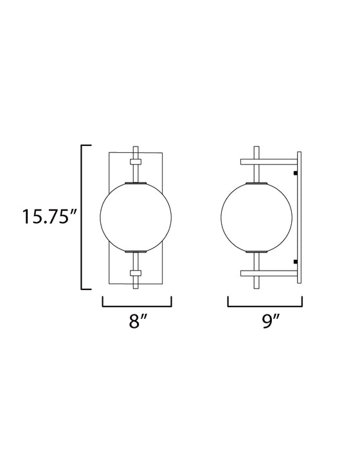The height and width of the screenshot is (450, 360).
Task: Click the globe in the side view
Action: (x=249, y=217)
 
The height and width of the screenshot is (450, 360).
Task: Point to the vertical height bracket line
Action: (x=82, y=217)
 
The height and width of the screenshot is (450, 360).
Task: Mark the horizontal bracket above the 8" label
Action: (x=137, y=304)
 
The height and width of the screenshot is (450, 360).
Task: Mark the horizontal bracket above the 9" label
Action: (x=265, y=304)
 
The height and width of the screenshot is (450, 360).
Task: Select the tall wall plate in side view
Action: (x=299, y=217)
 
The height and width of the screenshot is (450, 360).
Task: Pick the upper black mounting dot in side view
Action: (x=294, y=173)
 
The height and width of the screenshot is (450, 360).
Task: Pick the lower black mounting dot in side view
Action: (x=294, y=261)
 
